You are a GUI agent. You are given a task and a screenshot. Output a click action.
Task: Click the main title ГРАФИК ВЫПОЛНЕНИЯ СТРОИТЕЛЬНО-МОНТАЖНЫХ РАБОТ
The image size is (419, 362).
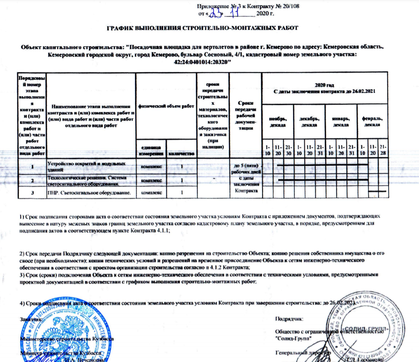[x=202, y=29]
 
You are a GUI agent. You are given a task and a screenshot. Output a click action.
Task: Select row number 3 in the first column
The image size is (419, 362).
[x=32, y=193]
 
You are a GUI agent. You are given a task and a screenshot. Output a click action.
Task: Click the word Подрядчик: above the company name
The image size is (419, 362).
[x=288, y=320]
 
